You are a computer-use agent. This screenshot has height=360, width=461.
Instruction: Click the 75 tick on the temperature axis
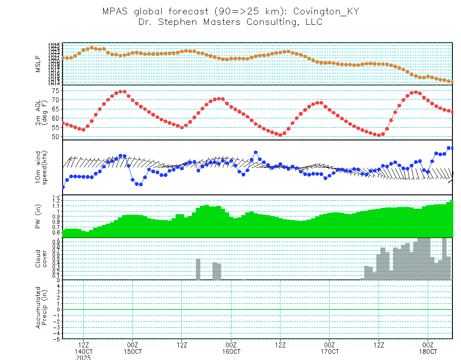coord(55,90)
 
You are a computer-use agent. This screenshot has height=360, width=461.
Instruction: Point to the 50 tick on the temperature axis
coord(55,136)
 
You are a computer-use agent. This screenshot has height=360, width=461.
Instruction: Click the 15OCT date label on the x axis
coord(132,351)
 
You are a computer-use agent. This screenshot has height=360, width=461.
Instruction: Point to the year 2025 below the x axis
coord(83,357)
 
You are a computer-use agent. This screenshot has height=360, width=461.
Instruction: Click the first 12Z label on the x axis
coord(83,344)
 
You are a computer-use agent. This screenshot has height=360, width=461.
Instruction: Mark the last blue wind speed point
coord(452,148)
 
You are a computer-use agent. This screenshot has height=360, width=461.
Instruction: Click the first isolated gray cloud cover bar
coord(198,269)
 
